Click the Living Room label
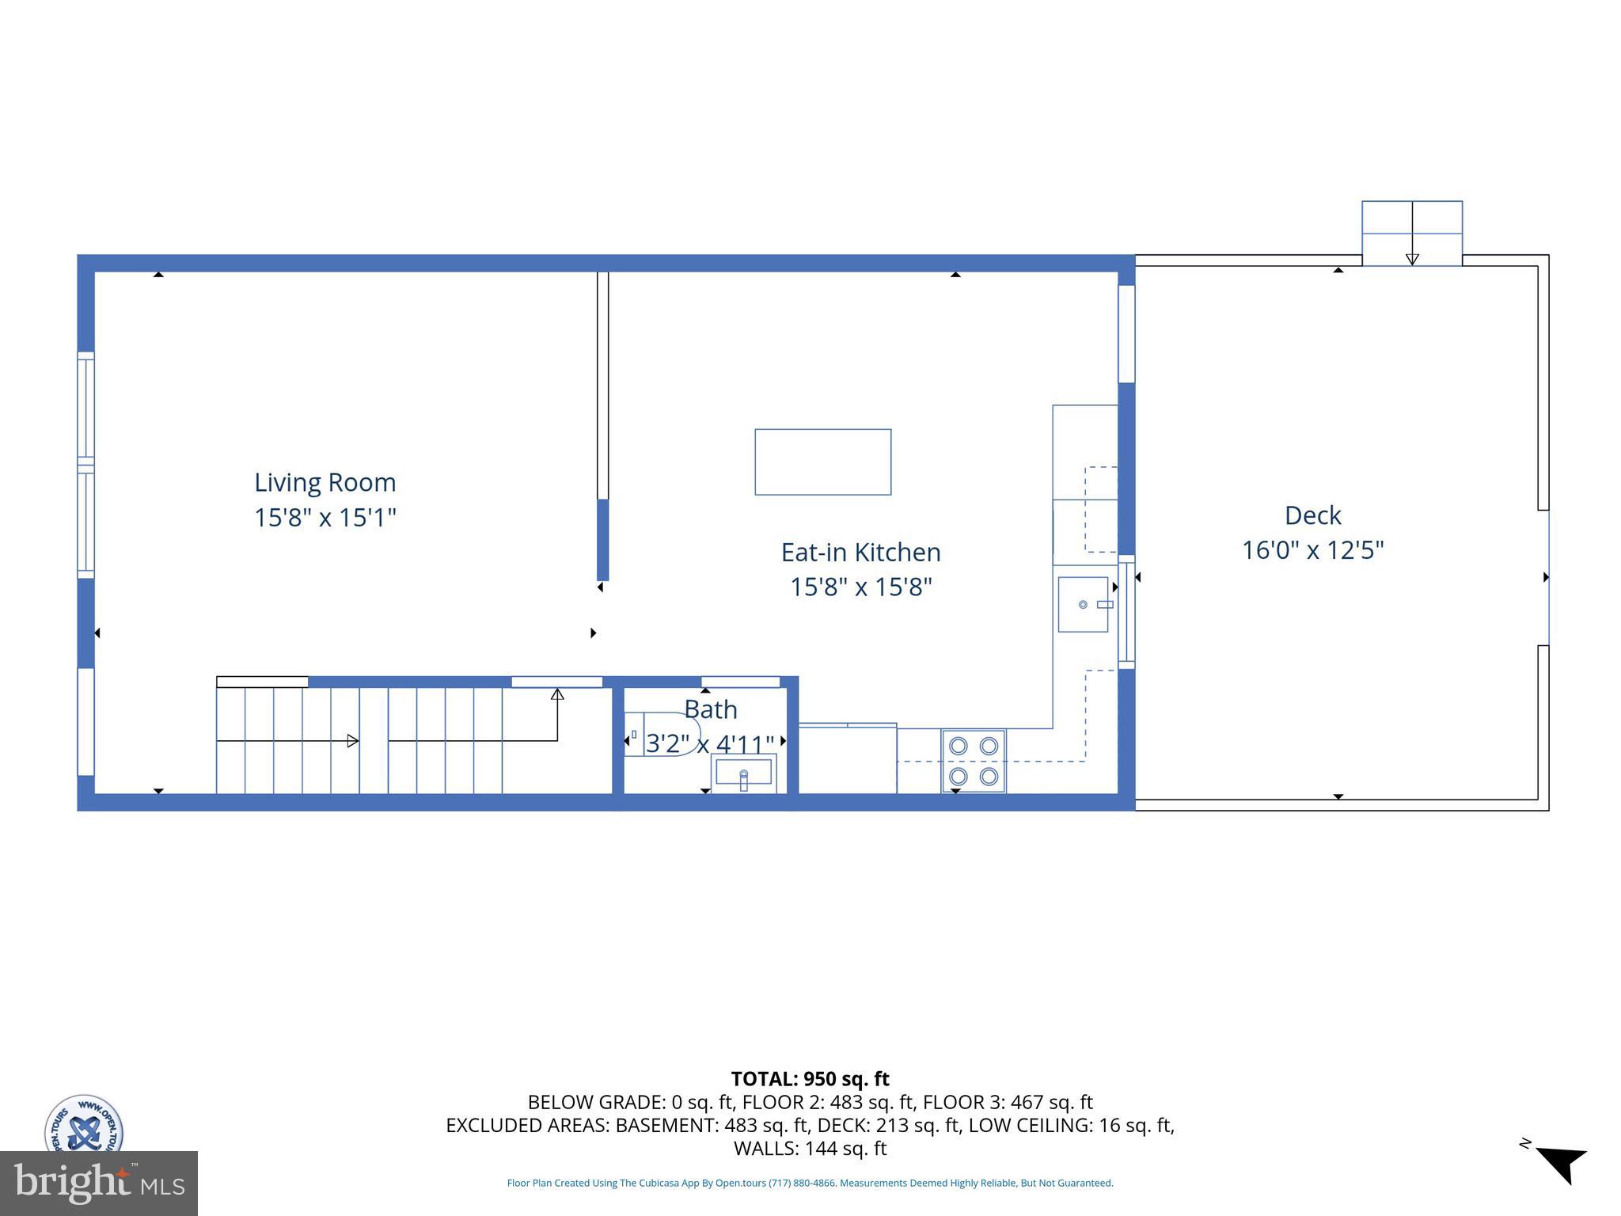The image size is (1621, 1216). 325,482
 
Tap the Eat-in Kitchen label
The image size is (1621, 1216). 860,552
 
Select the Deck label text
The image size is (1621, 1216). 1312,515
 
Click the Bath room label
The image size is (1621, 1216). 711,709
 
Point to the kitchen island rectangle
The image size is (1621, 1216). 822,462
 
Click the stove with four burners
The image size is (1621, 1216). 974,761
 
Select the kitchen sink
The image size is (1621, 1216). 1084,604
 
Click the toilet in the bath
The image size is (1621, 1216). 661,734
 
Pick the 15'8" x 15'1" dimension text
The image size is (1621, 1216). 325,518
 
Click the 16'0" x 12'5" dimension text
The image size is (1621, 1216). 1312,550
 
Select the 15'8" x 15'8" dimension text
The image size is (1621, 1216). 860,587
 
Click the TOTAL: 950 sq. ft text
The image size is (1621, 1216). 810,1079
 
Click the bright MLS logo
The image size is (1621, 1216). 99,1183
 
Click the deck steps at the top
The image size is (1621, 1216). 1411,233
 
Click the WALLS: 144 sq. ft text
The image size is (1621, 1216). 810,1149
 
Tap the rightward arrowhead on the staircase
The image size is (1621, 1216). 353,741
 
